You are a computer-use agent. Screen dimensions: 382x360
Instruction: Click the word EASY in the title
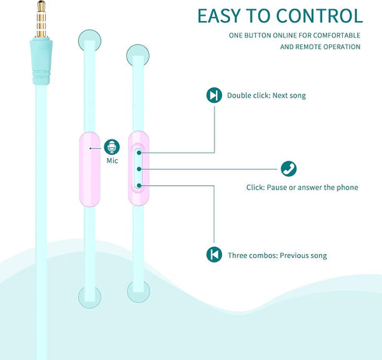[219, 16]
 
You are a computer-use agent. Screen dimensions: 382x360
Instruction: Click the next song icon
[214, 95]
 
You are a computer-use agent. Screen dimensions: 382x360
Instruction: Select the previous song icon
[214, 254]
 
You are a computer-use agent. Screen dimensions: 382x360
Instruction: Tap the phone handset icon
[288, 169]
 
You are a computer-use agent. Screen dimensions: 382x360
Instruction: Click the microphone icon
[111, 147]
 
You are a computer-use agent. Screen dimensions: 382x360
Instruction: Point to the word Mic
[112, 161]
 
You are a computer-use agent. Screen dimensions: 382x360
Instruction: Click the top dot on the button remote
[140, 153]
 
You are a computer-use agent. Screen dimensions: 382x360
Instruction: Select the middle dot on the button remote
[140, 169]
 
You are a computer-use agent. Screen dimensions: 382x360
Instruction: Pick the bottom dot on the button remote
[140, 185]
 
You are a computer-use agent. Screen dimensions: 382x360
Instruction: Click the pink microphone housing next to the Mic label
[90, 169]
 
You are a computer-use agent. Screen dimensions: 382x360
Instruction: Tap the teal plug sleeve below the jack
[41, 62]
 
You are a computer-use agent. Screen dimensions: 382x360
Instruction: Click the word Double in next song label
[239, 95]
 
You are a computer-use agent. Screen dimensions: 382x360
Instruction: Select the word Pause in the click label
[277, 187]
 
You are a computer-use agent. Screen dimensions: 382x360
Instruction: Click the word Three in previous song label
[237, 256]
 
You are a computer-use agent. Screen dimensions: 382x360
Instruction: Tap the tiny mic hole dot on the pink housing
[90, 148]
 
